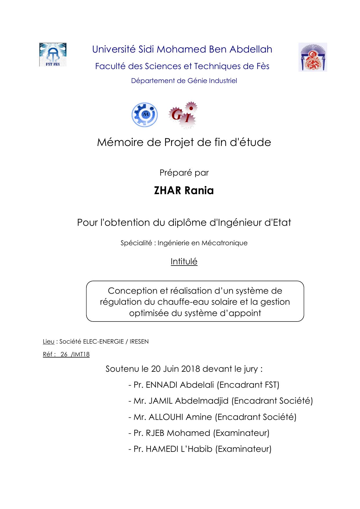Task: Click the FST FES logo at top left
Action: point(53,55)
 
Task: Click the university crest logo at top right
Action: point(312,57)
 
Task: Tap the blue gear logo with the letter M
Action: point(144,115)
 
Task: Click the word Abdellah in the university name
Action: point(251,49)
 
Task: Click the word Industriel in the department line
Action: point(222,81)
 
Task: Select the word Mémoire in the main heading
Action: point(120,142)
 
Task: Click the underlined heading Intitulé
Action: point(184,261)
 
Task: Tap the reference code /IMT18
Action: point(80,354)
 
